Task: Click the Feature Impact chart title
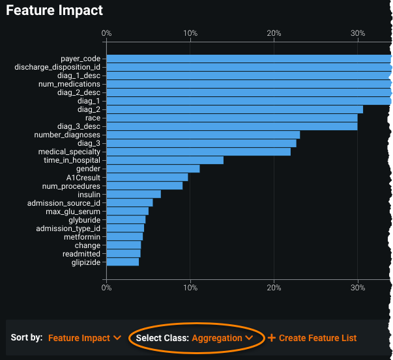(x=55, y=11)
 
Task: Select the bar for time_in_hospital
(x=164, y=160)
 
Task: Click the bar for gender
(x=153, y=169)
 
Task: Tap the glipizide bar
(x=123, y=262)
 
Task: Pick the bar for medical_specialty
(x=198, y=152)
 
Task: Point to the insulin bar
(x=133, y=194)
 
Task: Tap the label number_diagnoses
(x=67, y=135)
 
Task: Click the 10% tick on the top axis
(x=190, y=33)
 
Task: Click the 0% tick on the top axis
(x=106, y=33)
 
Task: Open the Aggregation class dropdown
(x=222, y=338)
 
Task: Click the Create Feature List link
(x=312, y=338)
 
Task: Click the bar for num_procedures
(x=144, y=186)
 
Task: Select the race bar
(x=231, y=118)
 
